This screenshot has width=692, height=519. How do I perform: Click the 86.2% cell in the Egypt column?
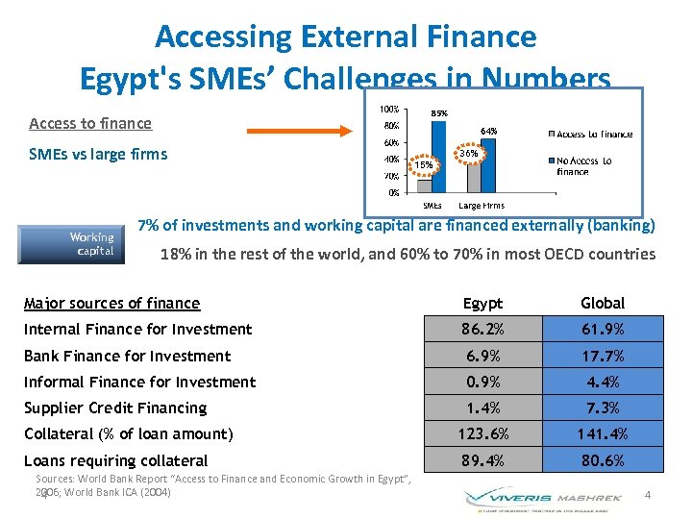click(482, 329)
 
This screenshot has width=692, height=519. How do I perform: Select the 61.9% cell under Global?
click(603, 329)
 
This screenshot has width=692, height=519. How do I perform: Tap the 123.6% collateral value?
click(482, 433)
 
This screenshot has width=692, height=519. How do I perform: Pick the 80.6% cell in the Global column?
click(603, 460)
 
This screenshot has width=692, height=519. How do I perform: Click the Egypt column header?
click(482, 303)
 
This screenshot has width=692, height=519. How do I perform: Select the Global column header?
click(603, 303)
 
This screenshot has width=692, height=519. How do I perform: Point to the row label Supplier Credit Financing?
click(115, 408)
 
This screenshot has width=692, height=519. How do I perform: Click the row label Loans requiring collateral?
click(115, 460)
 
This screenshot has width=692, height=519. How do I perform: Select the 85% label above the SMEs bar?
click(438, 113)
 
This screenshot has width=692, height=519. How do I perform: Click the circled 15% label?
click(424, 165)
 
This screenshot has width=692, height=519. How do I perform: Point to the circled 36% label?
click(469, 154)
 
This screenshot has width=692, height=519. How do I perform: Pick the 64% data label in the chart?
click(488, 131)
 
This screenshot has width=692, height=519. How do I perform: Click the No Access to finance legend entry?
click(584, 165)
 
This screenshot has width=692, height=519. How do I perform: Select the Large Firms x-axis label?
click(481, 206)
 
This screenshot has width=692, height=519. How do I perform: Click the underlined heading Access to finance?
click(90, 123)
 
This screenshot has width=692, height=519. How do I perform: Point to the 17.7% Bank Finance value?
click(603, 356)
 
